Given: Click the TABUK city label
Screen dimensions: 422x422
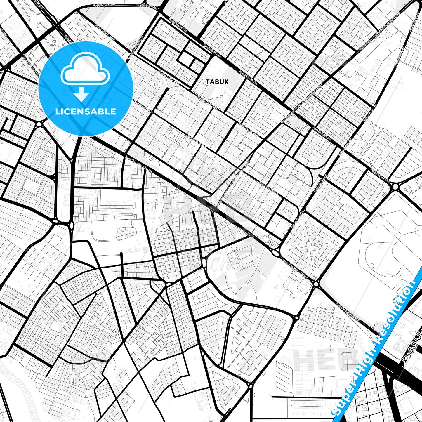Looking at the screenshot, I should coord(217,82).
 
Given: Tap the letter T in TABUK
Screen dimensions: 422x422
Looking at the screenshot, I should coord(208,82).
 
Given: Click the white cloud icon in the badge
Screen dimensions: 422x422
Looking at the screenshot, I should coord(85,70).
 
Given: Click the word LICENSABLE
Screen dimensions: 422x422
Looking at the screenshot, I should coord(85,112).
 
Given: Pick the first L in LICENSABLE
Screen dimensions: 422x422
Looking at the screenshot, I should coord(57,112).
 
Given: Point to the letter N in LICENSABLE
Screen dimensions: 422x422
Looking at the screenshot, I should coord(81,112).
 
